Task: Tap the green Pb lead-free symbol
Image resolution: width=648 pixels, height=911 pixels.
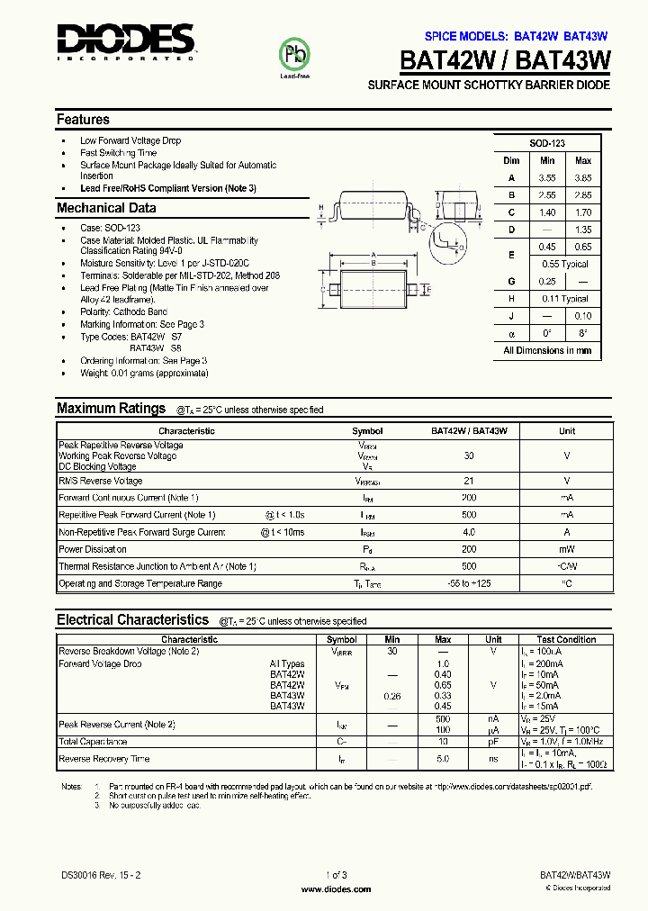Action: click(x=295, y=55)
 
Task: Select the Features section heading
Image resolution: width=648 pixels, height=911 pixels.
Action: click(x=83, y=120)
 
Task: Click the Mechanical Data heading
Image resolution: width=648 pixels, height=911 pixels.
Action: click(x=106, y=208)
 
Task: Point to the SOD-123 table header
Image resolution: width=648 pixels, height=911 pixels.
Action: click(x=547, y=143)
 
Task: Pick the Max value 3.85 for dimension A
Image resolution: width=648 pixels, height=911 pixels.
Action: click(x=583, y=178)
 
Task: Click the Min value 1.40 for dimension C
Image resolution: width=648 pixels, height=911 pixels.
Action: click(x=547, y=212)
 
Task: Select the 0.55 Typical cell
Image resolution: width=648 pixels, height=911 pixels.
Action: click(x=565, y=264)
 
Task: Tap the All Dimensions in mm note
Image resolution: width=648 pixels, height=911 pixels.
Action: click(x=547, y=350)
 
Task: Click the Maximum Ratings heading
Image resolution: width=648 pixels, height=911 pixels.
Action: click(x=111, y=409)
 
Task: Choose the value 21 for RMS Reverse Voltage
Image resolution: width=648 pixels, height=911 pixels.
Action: click(x=468, y=481)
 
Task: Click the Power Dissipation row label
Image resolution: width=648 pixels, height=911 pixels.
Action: click(x=93, y=549)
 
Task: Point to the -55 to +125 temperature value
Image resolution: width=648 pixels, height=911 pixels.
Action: click(x=468, y=583)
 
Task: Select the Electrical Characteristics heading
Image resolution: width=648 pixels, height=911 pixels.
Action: click(x=132, y=620)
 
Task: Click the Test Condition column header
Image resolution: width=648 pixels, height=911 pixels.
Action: click(x=566, y=639)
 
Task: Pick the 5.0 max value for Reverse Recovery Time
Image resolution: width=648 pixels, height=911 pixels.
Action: click(x=443, y=759)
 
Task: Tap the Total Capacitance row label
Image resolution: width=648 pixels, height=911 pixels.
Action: click(x=93, y=742)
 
